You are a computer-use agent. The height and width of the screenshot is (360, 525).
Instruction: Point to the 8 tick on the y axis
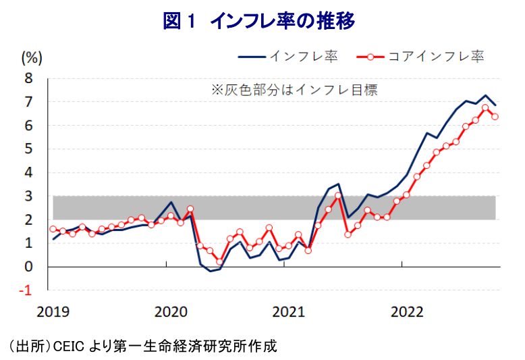[x=28, y=78]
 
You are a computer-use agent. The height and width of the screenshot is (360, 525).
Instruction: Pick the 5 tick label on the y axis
[x=28, y=149]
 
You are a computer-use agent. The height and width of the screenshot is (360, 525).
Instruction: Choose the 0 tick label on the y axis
[x=28, y=267]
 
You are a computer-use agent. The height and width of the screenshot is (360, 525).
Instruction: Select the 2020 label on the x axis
[x=169, y=311]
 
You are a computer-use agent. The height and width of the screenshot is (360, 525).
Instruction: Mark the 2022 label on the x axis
[x=407, y=311]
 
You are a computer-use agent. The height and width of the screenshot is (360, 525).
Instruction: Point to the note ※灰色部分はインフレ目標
[x=294, y=89]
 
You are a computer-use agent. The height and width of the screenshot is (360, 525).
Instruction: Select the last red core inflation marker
[x=495, y=117]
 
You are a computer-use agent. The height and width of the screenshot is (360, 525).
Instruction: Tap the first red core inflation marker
[x=53, y=229]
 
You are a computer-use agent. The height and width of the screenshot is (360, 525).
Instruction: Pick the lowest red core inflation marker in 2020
[x=220, y=262]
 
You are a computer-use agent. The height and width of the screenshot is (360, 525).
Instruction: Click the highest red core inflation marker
[x=485, y=107]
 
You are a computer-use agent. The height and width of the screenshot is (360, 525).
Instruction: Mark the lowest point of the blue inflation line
[x=210, y=271]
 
